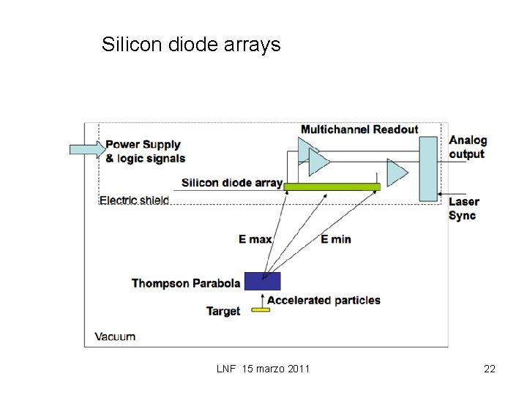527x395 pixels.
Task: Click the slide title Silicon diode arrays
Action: (191, 45)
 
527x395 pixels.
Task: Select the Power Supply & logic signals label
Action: (145, 151)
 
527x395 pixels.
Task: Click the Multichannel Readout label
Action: (359, 129)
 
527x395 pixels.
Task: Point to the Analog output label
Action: (467, 147)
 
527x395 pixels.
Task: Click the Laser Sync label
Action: (463, 208)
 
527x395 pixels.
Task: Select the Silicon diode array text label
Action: (231, 183)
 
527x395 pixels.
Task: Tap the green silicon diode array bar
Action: (332, 187)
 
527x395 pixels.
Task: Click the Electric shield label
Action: (134, 200)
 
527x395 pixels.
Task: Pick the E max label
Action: (255, 239)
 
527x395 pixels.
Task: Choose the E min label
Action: (336, 239)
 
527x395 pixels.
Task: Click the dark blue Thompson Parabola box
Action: (262, 281)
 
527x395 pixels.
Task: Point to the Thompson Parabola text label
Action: (186, 283)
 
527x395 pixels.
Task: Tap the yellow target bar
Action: (261, 309)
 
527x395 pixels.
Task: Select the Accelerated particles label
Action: (324, 300)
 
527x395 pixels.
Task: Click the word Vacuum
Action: (115, 336)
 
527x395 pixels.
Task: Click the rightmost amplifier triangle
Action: (396, 173)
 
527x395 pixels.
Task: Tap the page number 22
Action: (490, 369)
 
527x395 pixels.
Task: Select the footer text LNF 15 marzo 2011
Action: (263, 369)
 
